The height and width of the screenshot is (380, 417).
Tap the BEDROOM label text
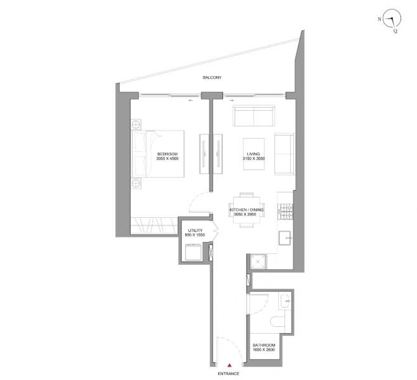[x=167, y=154]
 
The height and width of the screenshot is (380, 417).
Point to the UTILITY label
[x=194, y=230]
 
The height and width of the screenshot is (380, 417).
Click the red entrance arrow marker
[x=230, y=365]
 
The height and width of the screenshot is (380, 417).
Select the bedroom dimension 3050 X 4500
[x=167, y=159]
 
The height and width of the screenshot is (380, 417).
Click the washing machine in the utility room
[x=192, y=252]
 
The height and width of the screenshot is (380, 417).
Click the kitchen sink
[x=284, y=239]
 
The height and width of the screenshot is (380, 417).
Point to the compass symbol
[x=393, y=22]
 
